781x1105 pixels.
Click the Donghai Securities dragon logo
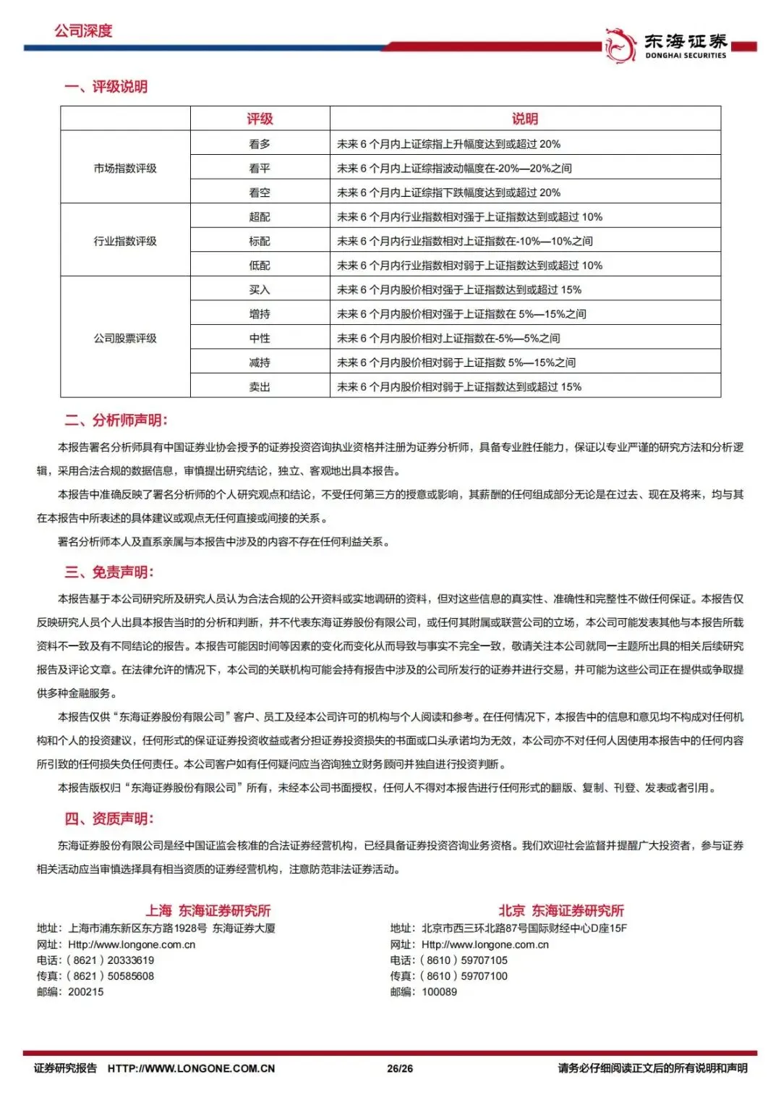620,46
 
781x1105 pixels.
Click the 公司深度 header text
83,31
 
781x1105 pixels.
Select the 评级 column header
260,119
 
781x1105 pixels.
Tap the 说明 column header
525,119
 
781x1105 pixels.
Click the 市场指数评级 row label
125,168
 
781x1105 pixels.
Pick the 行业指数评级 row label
125,241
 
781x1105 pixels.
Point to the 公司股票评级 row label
125,338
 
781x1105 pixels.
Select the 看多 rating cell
260,144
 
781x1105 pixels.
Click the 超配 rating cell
260,216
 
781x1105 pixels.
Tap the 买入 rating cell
260,289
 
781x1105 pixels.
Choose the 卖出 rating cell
260,386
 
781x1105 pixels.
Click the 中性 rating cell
260,338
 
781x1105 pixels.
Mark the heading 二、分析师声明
116,420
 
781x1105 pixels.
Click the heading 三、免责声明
109,572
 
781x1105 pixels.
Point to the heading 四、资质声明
109,818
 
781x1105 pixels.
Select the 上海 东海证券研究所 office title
208,910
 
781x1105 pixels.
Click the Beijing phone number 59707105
484,960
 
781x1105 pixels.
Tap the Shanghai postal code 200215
86,991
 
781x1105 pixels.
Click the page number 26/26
400,1068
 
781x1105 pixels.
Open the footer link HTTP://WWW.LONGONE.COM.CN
191,1068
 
